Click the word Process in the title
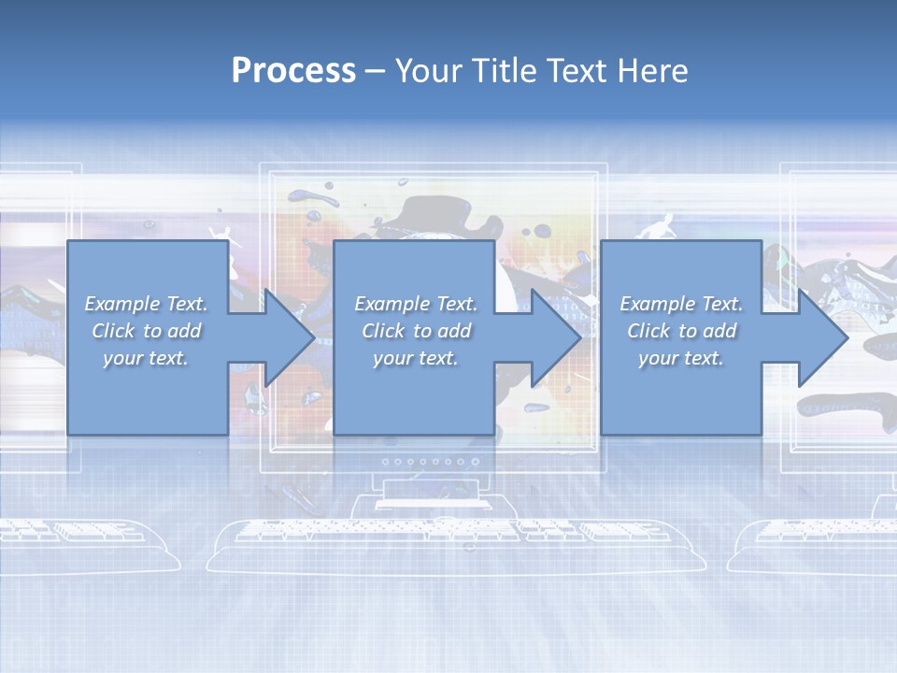(x=293, y=71)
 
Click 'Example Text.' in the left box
(x=147, y=304)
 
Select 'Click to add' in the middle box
(x=416, y=331)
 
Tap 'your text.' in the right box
(x=681, y=358)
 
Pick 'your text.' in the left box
(x=147, y=358)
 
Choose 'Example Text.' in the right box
(x=681, y=304)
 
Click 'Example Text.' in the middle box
(x=416, y=304)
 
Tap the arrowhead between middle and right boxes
(x=555, y=337)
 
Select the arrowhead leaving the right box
(x=822, y=337)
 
